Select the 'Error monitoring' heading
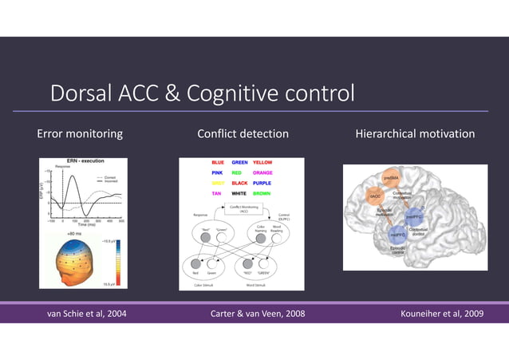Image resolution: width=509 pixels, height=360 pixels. (80, 133)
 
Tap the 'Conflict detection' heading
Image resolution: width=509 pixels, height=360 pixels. (243, 133)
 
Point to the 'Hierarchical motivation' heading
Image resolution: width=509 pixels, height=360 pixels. (415, 133)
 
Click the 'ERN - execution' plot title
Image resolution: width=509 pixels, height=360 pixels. (85, 162)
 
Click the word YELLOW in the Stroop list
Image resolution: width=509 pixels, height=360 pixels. (262, 162)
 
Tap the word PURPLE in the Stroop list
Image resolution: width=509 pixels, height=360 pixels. (262, 183)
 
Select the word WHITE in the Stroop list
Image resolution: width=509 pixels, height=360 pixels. (239, 193)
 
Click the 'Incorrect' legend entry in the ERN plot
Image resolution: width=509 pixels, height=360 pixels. (111, 180)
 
